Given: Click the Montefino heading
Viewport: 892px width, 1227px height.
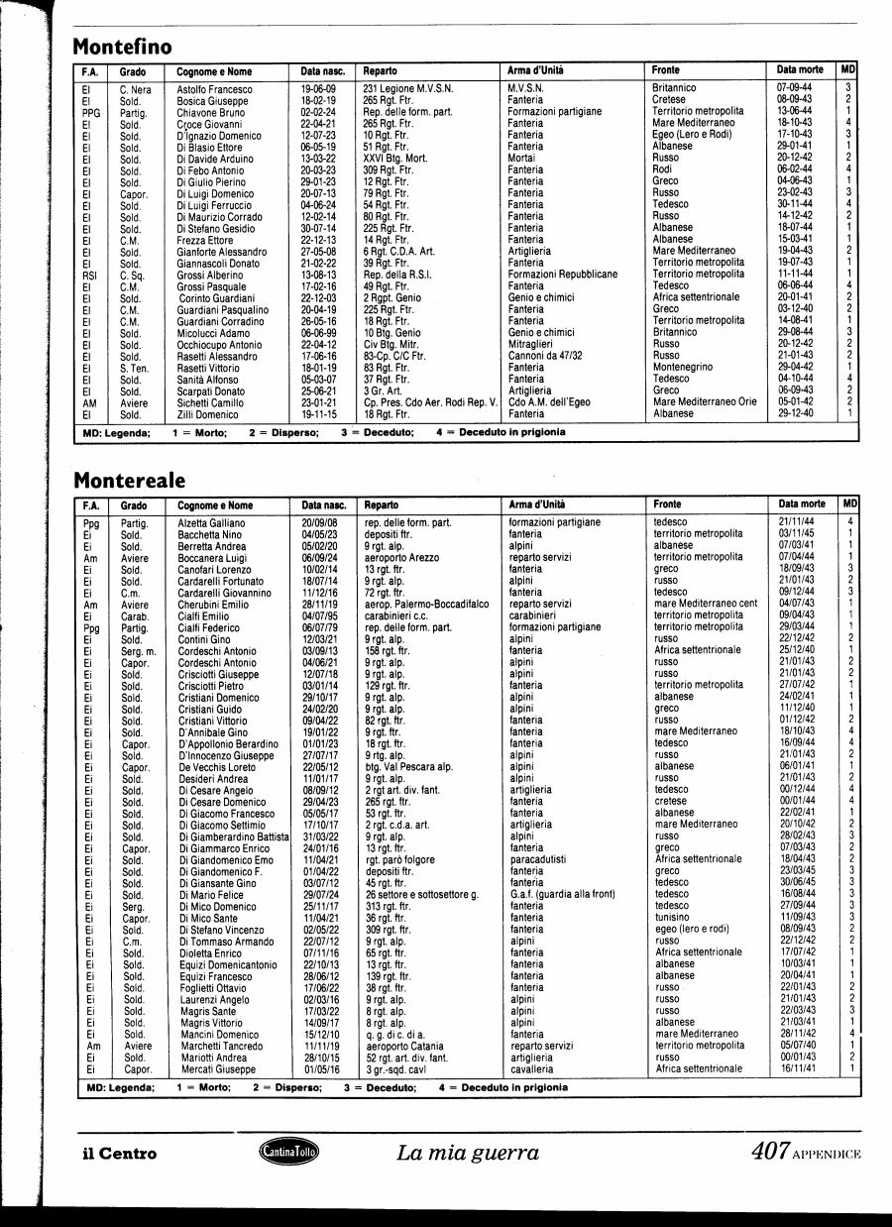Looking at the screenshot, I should click(x=123, y=47).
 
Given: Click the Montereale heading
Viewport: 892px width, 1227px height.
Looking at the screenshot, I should click(x=130, y=481).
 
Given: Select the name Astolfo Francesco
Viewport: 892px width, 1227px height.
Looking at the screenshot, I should click(x=215, y=89).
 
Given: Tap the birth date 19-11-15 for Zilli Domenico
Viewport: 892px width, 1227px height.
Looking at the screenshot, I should click(x=318, y=413).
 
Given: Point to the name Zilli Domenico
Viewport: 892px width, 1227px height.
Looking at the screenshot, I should click(x=208, y=413).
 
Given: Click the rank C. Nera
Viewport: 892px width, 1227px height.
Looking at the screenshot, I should click(x=135, y=89).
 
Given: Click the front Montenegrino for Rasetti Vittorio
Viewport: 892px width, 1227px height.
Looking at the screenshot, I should click(x=683, y=367).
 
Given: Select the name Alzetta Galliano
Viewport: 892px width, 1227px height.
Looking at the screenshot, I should click(x=212, y=522).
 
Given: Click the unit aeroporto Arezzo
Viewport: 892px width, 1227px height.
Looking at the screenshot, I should click(x=404, y=558).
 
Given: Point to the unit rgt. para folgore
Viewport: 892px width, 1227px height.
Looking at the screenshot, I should click(x=400, y=859).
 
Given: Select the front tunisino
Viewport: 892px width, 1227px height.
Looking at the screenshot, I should click(x=673, y=918).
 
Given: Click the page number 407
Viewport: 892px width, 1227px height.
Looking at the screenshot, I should click(x=769, y=1152).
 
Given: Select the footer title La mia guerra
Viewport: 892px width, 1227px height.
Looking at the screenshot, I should click(x=468, y=1153).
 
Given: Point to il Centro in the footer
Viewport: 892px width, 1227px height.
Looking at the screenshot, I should click(x=123, y=1154).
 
